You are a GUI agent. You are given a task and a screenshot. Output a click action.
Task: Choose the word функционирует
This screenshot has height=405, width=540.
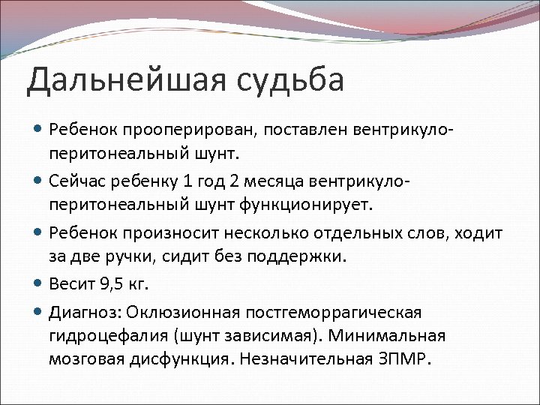coord(313,204)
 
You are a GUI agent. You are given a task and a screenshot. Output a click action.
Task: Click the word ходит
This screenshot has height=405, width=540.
coord(476,234)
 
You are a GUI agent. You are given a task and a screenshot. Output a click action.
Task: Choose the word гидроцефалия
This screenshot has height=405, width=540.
coord(100,334)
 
